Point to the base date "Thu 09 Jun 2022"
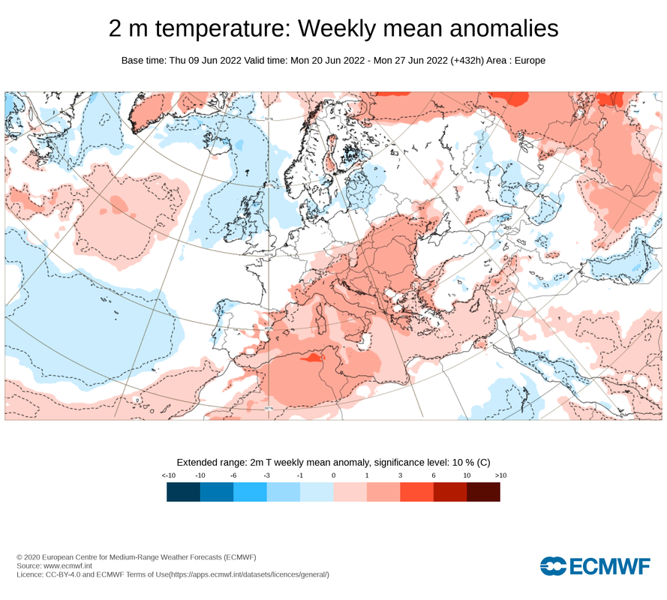coord(203,60)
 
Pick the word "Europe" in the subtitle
coord(530,60)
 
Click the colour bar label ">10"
coord(500,475)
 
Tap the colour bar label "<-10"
coord(168,475)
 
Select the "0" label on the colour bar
coord(333,475)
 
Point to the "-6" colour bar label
coord(233,475)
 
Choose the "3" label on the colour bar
coord(400,475)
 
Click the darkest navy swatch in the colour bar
coord(183,491)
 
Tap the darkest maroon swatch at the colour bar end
coord(483,491)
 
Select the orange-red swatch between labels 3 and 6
coord(416,491)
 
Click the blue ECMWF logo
coord(595,566)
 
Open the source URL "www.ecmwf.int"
coord(72,565)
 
